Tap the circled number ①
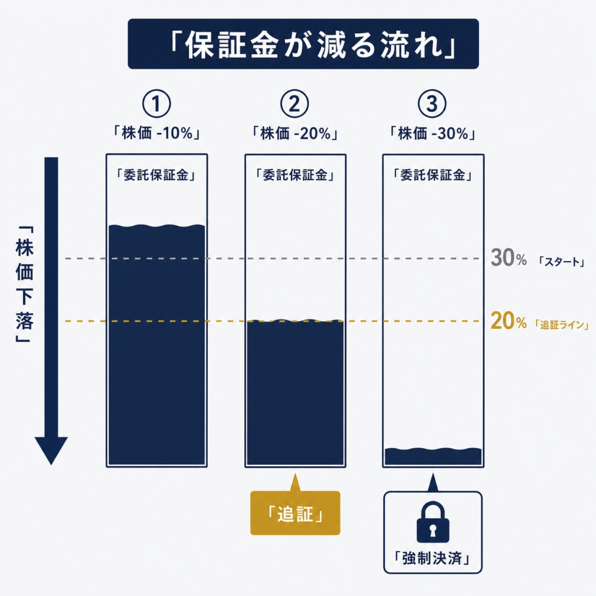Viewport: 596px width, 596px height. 156,104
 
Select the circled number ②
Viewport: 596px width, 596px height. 294,104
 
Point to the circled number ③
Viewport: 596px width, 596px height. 432,104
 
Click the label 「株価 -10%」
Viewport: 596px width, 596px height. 156,133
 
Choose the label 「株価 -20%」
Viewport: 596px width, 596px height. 295,133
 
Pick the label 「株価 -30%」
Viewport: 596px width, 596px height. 432,133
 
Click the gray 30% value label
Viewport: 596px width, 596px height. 508,257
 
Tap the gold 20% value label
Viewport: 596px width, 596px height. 508,321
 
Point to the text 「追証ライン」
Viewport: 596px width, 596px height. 562,325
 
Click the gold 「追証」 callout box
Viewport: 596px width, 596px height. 295,513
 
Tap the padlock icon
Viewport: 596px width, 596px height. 433,522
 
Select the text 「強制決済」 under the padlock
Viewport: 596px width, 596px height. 432,558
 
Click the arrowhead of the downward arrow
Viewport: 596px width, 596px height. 51,450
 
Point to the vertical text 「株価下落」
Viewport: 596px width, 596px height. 24,284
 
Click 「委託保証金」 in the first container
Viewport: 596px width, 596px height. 156,175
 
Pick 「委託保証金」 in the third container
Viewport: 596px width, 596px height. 433,175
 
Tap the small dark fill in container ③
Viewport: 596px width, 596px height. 433,456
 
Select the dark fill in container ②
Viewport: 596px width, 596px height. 295,393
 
